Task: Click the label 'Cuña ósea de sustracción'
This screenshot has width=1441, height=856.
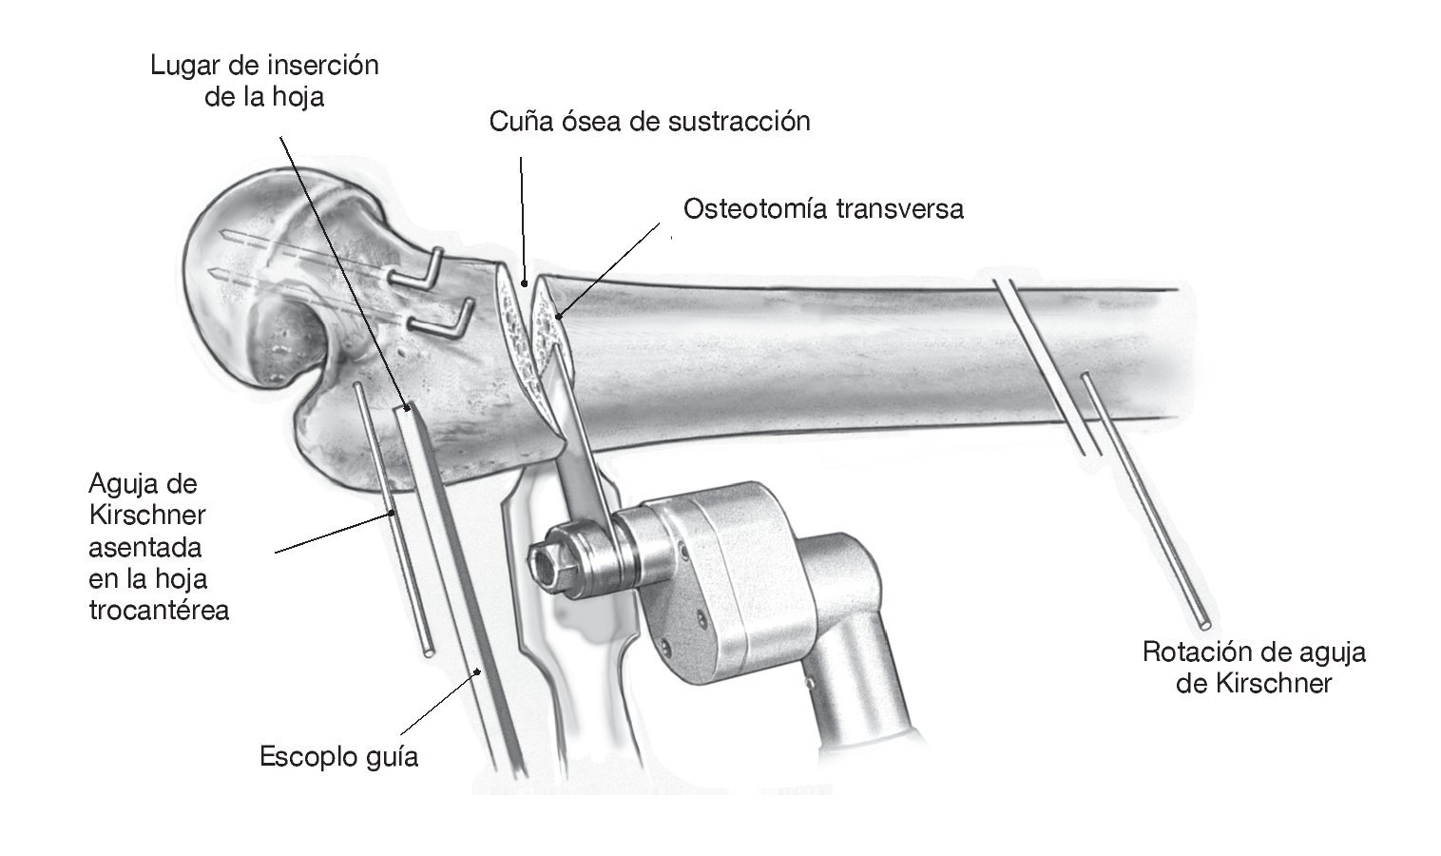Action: (x=649, y=122)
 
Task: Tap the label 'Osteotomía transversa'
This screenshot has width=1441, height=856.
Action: (x=823, y=208)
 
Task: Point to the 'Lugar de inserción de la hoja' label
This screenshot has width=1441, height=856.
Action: (x=264, y=81)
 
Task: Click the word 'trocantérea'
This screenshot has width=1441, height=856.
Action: (x=159, y=610)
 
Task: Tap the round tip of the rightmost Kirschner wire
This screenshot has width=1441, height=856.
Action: (x=1204, y=624)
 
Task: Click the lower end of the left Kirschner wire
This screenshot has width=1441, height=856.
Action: (x=430, y=652)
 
